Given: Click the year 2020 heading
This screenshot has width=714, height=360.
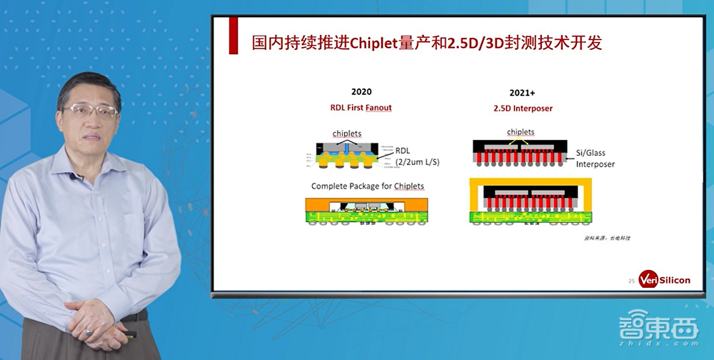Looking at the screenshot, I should (361, 92).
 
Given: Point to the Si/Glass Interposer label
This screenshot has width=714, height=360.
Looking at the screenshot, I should (595, 159).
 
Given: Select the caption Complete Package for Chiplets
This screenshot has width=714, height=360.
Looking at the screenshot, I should (367, 186).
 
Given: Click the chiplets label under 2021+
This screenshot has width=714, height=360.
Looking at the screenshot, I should (521, 132).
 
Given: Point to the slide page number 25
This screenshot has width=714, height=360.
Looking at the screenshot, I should (631, 281).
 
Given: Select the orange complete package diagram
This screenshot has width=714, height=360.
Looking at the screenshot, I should (366, 211).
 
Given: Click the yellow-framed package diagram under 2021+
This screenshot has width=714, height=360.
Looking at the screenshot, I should (526, 202).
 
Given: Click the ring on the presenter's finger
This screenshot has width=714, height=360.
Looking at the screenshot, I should (89, 333).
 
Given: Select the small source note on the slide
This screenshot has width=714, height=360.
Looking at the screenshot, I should (607, 237).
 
